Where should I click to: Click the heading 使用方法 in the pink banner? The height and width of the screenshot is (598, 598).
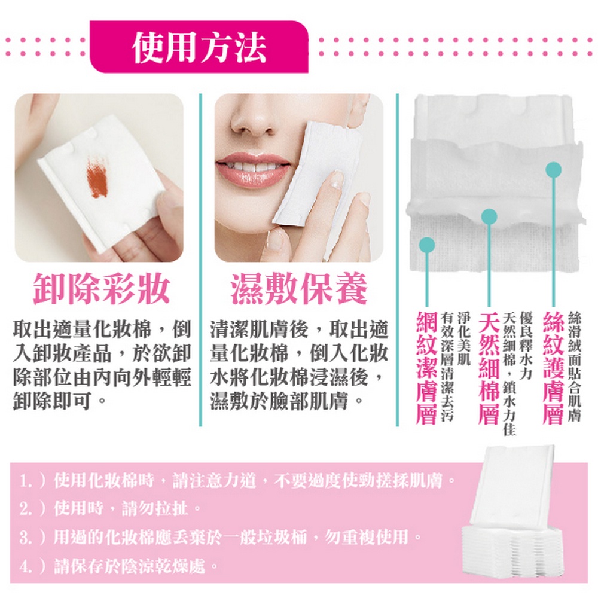click(199, 47)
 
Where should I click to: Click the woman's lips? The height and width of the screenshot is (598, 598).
click(252, 169)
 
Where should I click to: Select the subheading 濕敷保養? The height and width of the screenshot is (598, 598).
click(299, 288)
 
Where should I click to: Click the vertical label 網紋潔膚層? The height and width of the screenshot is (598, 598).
click(426, 368)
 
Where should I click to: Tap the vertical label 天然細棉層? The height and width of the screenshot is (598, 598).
click(489, 368)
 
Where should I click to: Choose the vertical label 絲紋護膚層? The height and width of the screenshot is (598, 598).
click(553, 368)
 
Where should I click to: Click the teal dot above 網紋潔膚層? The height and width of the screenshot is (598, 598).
click(427, 245)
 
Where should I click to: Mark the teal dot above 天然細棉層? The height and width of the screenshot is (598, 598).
click(489, 216)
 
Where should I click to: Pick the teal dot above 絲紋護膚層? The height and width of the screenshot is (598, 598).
click(553, 170)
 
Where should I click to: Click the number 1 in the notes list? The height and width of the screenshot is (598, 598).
click(25, 481)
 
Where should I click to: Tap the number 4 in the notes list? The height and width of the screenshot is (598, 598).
click(25, 566)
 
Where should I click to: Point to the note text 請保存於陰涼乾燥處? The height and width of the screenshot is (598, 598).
click(130, 566)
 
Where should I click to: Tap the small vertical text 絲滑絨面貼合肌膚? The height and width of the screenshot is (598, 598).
click(575, 366)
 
